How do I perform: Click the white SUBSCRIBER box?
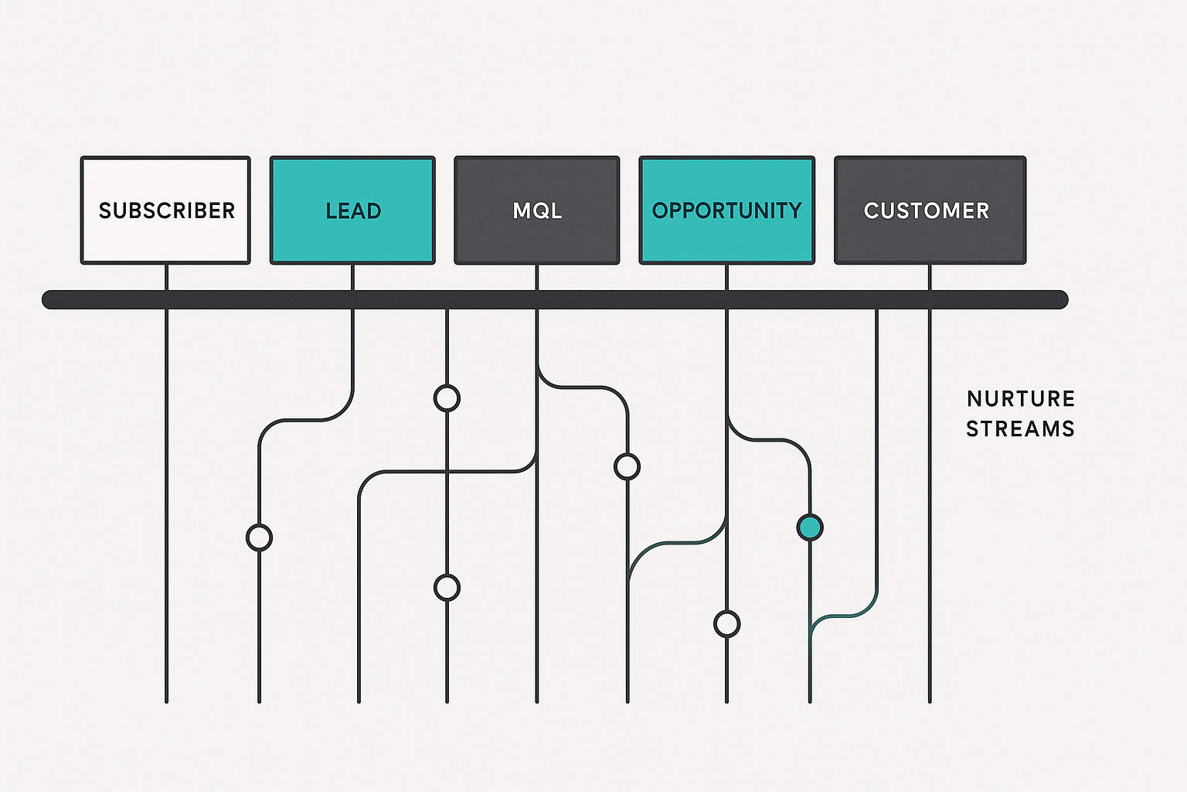click(165, 210)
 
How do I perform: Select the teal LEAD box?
click(352, 210)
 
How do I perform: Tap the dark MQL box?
click(536, 210)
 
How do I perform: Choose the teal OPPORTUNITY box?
click(726, 210)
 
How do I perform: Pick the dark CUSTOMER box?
click(930, 210)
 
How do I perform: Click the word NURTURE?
click(1021, 399)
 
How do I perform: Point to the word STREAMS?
click(1020, 428)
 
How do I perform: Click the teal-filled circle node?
click(810, 527)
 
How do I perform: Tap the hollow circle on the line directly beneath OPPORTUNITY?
click(726, 623)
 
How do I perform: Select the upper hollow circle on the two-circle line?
click(447, 398)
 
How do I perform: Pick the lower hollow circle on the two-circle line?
click(447, 588)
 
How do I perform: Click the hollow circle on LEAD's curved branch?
click(259, 537)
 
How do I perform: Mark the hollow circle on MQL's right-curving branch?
click(627, 466)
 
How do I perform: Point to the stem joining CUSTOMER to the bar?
click(930, 277)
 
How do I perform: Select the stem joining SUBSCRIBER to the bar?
click(166, 277)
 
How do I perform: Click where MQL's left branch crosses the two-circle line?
click(447, 471)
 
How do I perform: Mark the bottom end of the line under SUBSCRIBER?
click(166, 700)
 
